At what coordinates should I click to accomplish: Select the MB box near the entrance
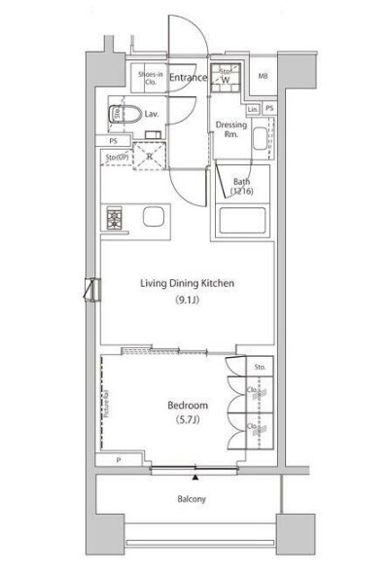263,79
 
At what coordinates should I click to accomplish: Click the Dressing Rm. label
231,129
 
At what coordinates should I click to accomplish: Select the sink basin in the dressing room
257,140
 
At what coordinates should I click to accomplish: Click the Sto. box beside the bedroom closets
259,368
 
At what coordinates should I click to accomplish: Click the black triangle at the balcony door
195,478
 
